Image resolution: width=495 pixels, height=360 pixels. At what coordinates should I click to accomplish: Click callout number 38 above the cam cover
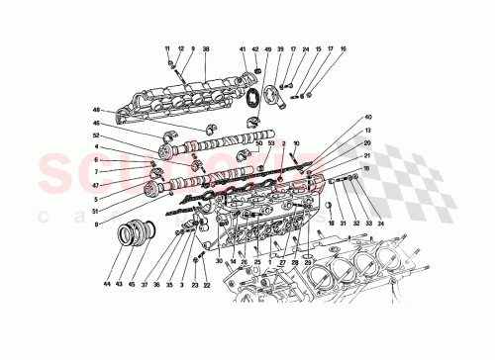tap(206, 48)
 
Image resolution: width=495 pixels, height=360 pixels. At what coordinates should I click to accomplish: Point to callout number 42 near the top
tap(255, 48)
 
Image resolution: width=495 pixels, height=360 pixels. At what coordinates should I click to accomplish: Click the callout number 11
tap(168, 48)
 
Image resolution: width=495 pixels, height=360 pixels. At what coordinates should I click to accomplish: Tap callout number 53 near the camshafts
tap(271, 144)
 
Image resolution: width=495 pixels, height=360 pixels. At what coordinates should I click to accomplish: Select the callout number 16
tap(344, 48)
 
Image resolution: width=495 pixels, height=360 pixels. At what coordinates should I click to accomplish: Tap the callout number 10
tap(296, 144)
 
